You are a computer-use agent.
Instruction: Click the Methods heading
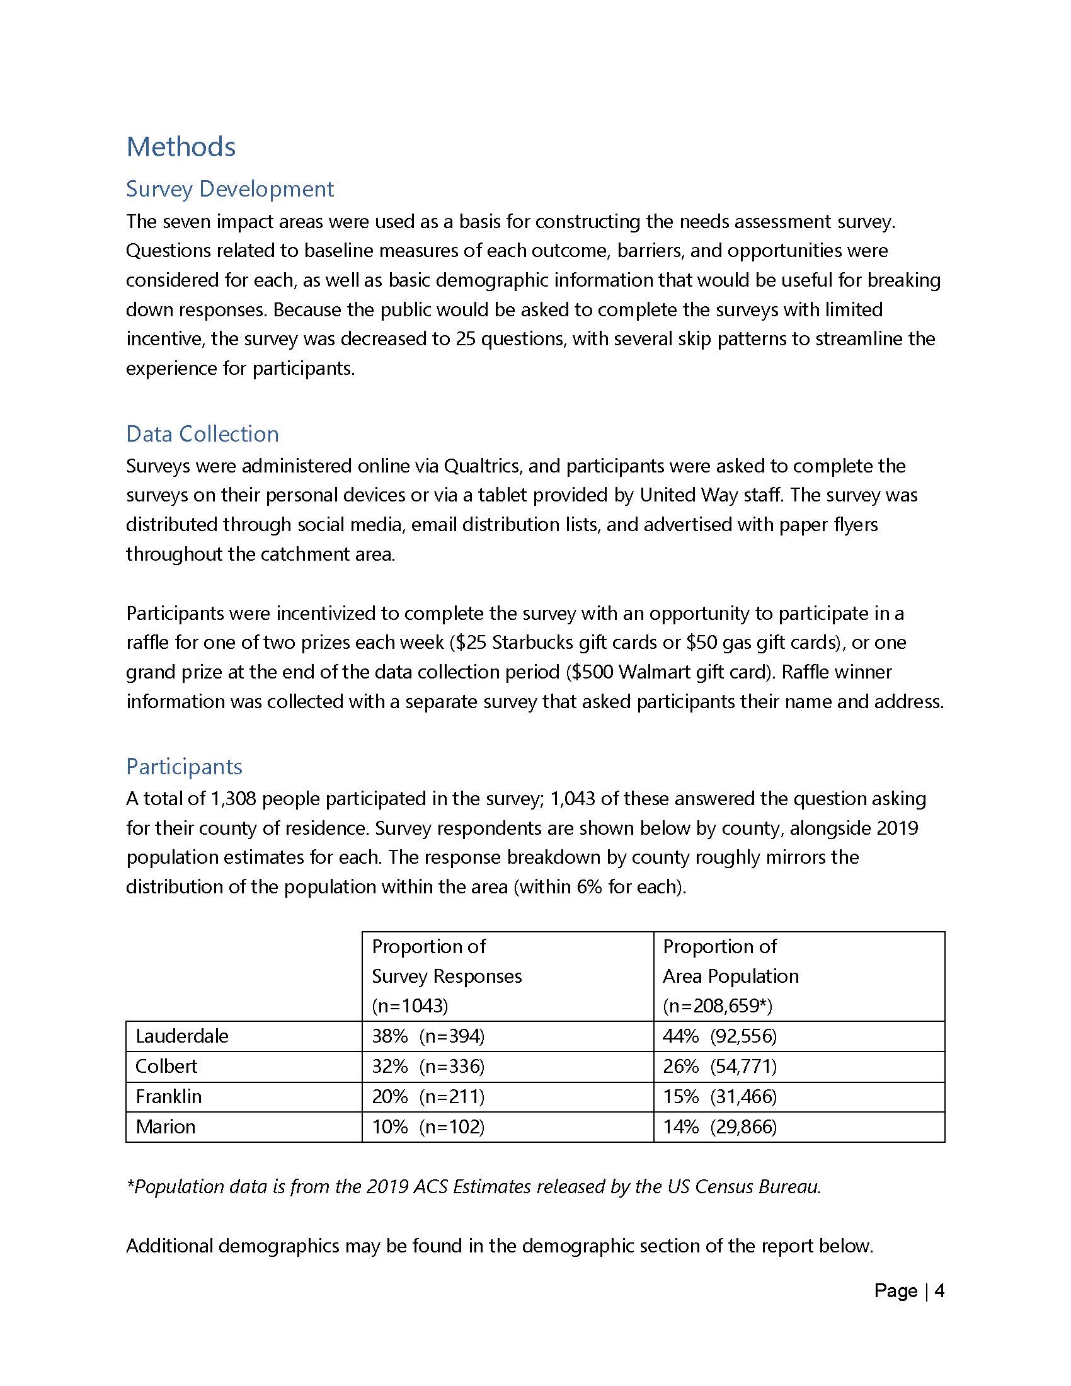click(181, 147)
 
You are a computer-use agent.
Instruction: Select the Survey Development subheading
click(230, 189)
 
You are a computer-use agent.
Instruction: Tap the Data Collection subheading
click(202, 434)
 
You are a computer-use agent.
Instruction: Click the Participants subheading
click(184, 767)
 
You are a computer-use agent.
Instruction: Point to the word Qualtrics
click(481, 466)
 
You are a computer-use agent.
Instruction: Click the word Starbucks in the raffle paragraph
click(532, 643)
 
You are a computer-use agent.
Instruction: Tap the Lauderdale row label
click(182, 1036)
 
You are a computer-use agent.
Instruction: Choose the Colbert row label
click(166, 1066)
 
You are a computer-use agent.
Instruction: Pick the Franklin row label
click(169, 1097)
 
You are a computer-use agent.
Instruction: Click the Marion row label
click(166, 1127)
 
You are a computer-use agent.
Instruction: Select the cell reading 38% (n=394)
click(428, 1036)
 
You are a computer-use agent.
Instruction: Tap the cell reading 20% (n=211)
click(428, 1097)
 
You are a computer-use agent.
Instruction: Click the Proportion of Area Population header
click(730, 976)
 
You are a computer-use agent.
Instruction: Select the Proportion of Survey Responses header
click(447, 976)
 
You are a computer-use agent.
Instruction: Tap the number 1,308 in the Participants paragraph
click(232, 798)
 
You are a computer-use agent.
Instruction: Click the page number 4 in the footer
click(940, 1291)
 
